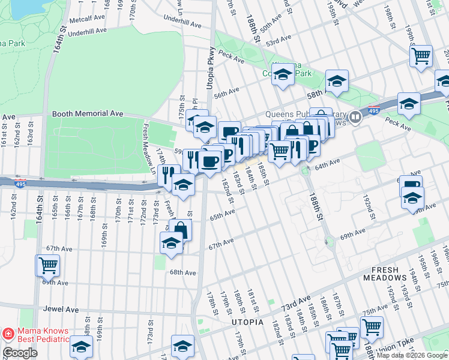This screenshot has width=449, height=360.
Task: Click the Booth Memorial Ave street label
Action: click(x=88, y=113)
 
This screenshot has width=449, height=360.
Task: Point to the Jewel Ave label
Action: click(x=61, y=310)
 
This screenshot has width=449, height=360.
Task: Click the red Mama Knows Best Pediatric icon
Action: click(x=8, y=332)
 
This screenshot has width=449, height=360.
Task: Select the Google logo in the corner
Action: click(x=20, y=353)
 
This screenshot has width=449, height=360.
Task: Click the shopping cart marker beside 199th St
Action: click(x=421, y=56)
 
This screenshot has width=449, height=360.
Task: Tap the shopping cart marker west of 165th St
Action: click(x=48, y=265)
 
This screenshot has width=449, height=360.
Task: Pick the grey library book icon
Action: click(x=355, y=117)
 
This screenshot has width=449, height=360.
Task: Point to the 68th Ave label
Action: click(x=182, y=272)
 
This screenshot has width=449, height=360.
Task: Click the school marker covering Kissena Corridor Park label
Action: click(x=283, y=75)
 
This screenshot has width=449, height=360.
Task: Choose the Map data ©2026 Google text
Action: click(x=412, y=355)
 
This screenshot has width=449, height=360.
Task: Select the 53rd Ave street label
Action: click(x=279, y=41)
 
